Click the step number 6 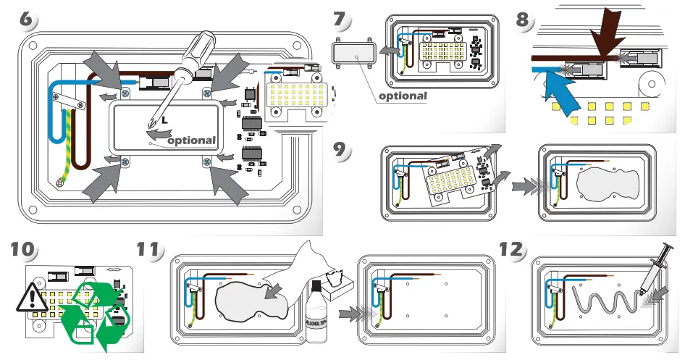26,20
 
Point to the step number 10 22,250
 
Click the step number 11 149,249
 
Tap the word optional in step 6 191,141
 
